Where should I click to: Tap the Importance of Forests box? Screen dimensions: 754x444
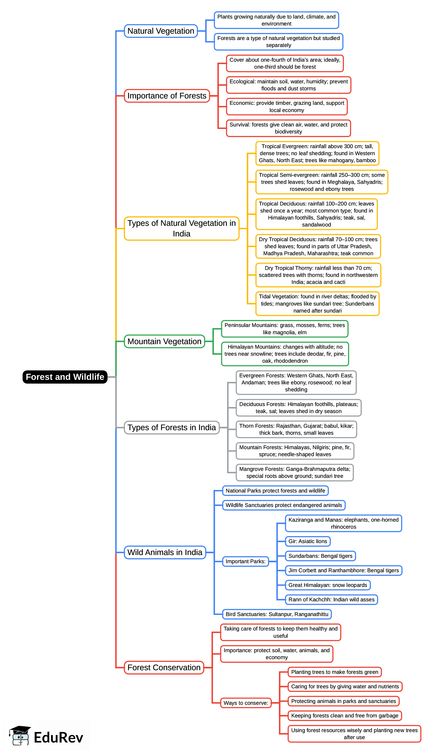[167, 96]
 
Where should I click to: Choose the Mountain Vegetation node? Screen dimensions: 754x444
[164, 341]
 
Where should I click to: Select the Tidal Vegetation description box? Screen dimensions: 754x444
[317, 304]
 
